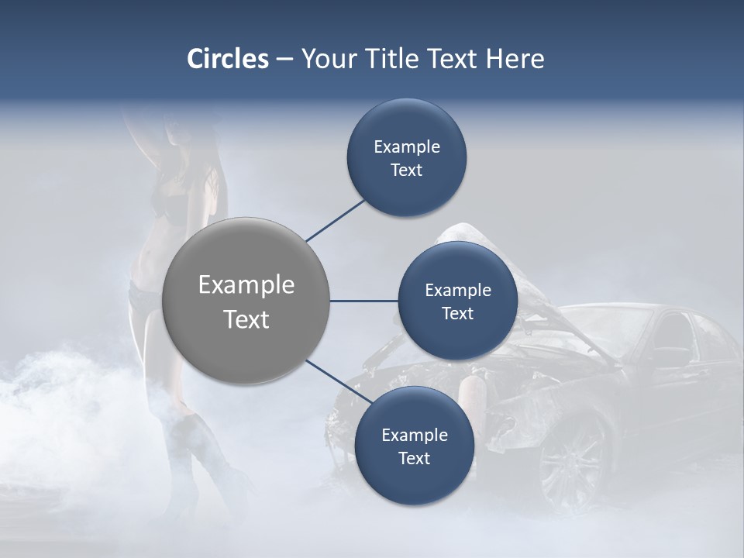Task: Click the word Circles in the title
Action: [227, 59]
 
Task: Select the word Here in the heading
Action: [515, 59]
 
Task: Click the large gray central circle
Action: [246, 301]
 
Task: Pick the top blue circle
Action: [406, 157]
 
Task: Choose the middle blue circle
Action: [457, 301]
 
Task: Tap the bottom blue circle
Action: [414, 446]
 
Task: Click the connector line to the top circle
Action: [335, 220]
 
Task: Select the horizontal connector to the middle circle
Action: [363, 301]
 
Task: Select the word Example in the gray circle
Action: [246, 285]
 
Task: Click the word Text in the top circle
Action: [406, 170]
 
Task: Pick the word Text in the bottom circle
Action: [414, 459]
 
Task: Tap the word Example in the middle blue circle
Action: [457, 290]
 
